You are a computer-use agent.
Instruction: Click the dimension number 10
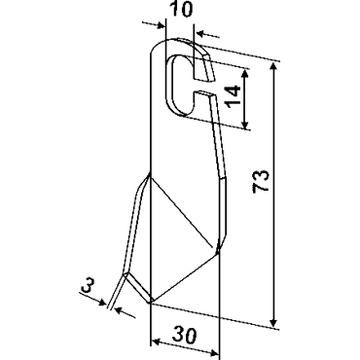tap(181, 9)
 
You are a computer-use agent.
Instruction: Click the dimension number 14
tap(234, 96)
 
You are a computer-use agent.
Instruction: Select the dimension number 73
tap(261, 181)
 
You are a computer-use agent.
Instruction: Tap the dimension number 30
tap(184, 335)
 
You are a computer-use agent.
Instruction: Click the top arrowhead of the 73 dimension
tap(273, 67)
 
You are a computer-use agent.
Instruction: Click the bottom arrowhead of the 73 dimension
tap(273, 322)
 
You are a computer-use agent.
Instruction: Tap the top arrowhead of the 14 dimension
tap(245, 73)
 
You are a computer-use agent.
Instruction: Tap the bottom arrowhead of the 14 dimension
tap(245, 124)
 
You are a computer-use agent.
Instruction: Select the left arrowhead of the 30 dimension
tap(156, 342)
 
